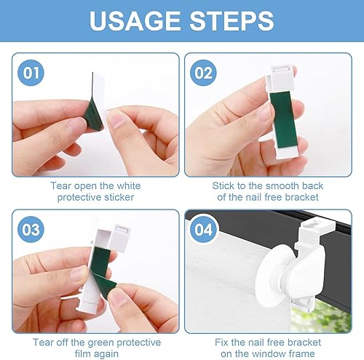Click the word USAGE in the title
135,20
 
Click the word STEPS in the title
232,20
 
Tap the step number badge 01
31,73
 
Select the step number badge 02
203,73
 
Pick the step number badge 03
31,229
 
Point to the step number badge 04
203,229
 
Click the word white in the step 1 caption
129,186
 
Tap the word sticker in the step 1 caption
119,197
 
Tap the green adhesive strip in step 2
282,120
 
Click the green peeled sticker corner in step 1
93,114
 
